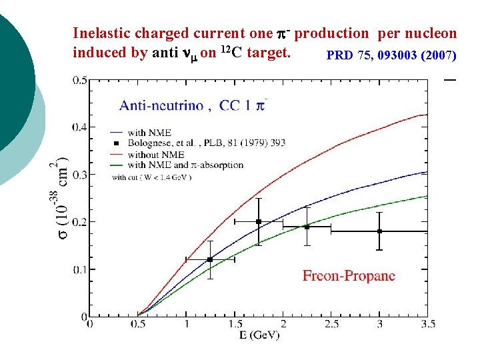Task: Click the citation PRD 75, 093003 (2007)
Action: pos(391,55)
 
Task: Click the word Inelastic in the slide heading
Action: pos(103,33)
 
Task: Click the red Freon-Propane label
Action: pos(349,275)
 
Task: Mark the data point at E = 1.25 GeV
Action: pos(210,259)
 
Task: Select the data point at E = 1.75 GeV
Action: pos(259,221)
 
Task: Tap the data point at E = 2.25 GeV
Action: pos(307,227)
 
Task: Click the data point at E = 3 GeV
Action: pos(379,231)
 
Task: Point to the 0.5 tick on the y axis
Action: pos(79,81)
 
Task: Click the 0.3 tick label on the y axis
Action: pos(79,175)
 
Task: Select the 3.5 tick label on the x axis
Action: pos(428,323)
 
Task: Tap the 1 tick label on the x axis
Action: pos(186,323)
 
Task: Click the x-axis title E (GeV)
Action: pos(259,333)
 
